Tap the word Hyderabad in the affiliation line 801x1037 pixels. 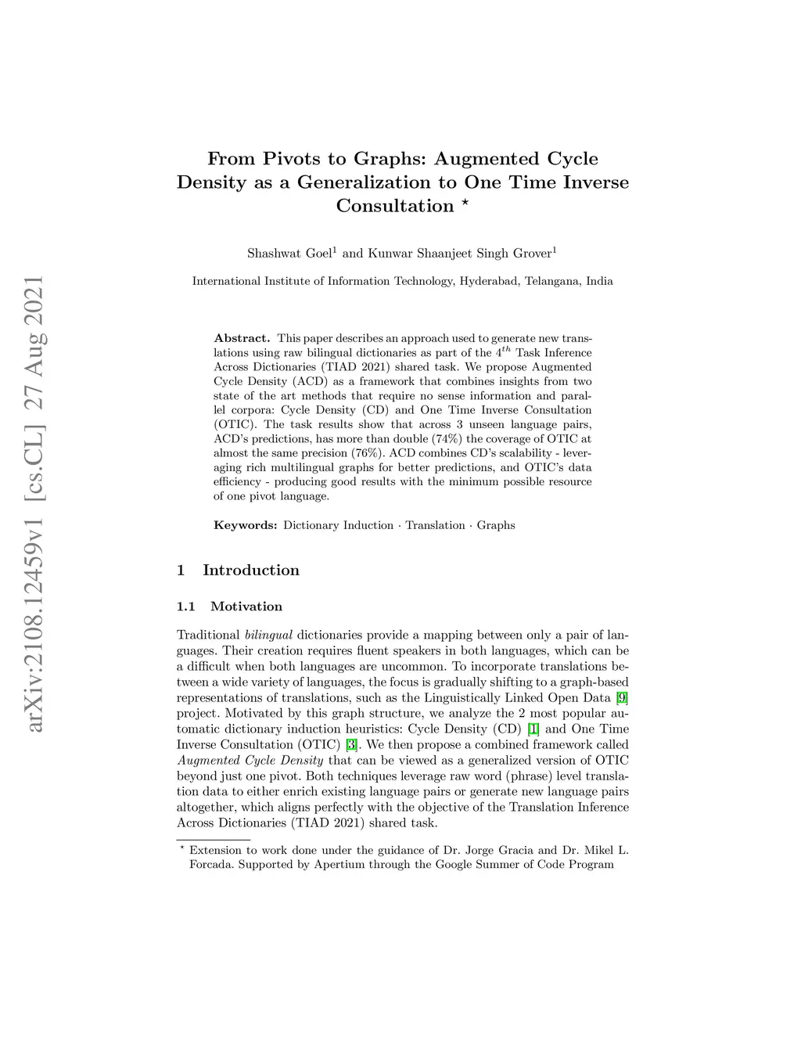489,281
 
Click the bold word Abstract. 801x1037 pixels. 242,338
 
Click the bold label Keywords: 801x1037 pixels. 246,525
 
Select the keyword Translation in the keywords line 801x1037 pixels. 434,525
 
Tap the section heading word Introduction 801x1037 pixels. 251,571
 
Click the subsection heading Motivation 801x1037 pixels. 246,607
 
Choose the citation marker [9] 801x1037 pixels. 622,697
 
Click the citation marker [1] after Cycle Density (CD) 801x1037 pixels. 533,729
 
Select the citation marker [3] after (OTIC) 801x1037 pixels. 351,744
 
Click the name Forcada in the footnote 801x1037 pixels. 210,865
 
